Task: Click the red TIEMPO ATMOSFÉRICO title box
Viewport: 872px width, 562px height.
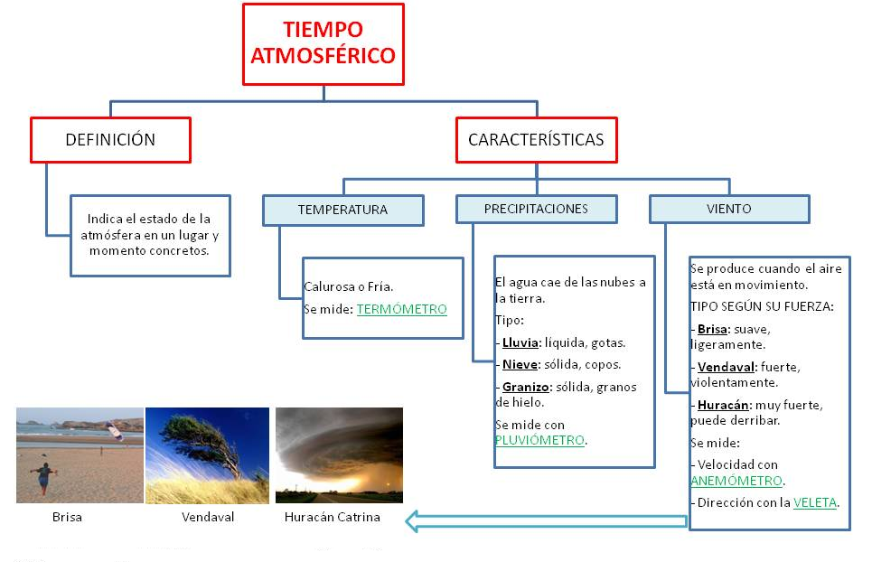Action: tap(323, 44)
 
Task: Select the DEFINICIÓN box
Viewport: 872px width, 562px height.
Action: tap(110, 140)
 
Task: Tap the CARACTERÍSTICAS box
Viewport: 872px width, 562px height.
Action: tap(536, 140)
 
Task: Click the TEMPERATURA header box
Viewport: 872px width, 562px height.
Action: tap(342, 210)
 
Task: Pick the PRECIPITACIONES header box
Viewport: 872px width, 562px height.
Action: tap(536, 209)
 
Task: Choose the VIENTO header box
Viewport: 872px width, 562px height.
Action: tap(728, 209)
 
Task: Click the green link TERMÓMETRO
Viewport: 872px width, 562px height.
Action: tap(401, 309)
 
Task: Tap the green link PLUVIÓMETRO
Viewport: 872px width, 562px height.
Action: tap(539, 440)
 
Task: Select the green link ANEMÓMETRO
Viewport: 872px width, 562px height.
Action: tap(736, 481)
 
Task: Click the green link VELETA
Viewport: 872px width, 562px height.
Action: tap(816, 501)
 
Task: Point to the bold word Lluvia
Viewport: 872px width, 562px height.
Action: tap(520, 343)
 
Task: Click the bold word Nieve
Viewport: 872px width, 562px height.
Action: tap(520, 365)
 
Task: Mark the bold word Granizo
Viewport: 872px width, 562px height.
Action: tap(526, 387)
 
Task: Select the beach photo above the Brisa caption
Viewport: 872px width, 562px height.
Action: tap(80, 454)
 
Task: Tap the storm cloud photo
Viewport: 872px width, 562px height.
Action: tap(339, 454)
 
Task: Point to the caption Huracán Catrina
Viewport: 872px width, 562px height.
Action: tap(332, 518)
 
